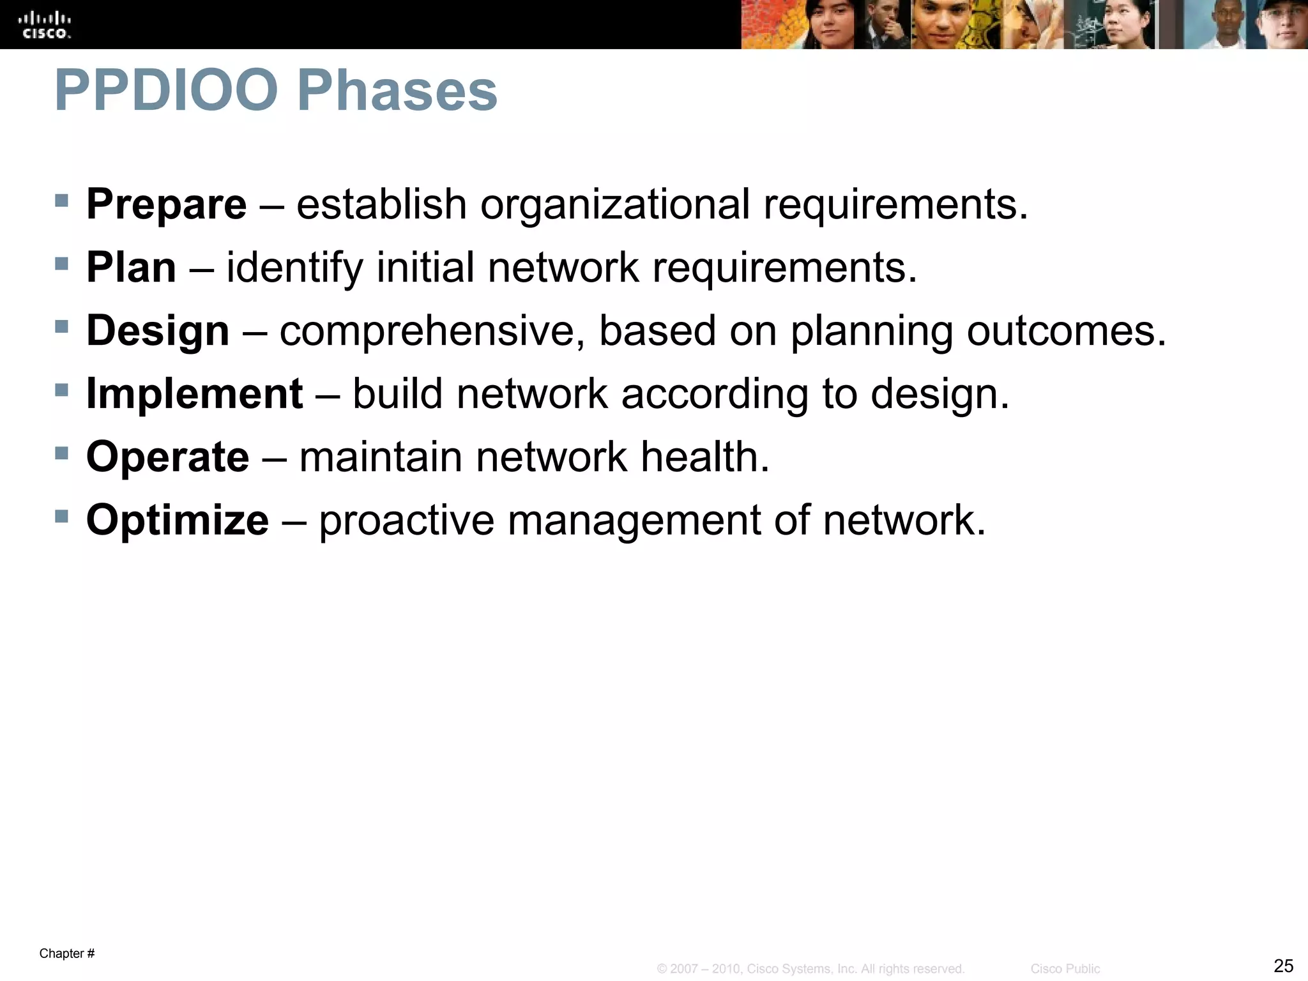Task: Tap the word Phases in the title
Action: tap(397, 91)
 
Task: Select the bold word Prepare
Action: tap(166, 204)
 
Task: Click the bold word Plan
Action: tap(131, 267)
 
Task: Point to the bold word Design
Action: tap(158, 331)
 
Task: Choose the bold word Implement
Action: tap(194, 393)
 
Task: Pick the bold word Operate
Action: tap(167, 457)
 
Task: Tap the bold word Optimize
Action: tap(178, 520)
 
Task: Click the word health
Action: tap(704, 457)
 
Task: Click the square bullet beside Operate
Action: tap(61, 453)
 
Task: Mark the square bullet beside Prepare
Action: tap(61, 201)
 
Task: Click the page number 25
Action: tap(1283, 966)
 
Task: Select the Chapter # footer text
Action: tap(67, 954)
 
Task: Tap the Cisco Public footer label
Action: tap(1065, 969)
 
